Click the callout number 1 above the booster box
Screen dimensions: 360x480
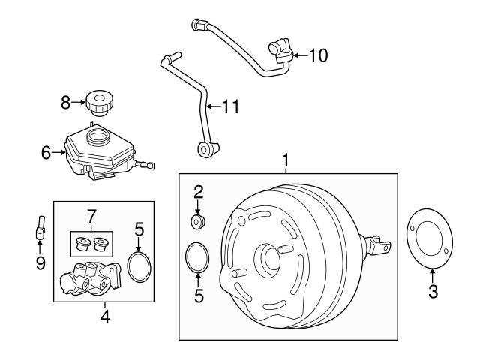point(286,160)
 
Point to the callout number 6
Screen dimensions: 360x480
point(46,152)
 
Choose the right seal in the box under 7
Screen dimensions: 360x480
point(99,243)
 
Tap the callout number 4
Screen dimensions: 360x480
point(105,317)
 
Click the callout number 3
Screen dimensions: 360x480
point(433,292)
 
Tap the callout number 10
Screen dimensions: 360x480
point(318,55)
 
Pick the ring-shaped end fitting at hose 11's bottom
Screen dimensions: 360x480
point(203,150)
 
